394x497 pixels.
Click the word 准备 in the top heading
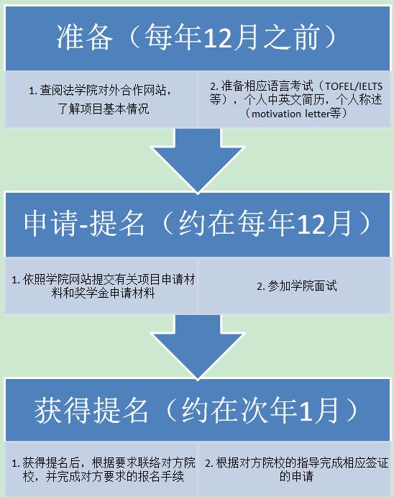85,37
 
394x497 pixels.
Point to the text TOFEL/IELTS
354,86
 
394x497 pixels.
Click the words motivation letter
290,113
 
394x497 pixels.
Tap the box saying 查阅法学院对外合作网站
101,99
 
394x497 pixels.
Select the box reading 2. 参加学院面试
295,286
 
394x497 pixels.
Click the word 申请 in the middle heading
50,223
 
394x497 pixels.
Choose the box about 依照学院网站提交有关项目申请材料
101,286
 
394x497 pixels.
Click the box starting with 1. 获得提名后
101,469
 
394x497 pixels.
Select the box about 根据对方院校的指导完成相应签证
295,469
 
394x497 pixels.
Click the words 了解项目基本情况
104,109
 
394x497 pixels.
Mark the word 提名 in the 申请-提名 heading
117,223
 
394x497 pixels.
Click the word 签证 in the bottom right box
377,463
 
